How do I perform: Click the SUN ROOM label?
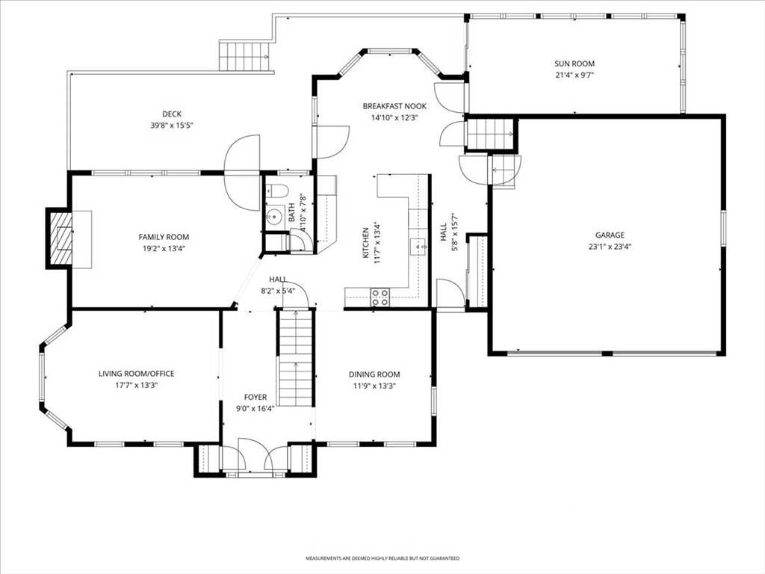point(574,64)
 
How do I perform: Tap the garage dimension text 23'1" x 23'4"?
point(610,247)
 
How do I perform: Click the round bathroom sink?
point(275,215)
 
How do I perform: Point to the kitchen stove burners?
point(380,297)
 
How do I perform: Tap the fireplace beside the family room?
point(60,238)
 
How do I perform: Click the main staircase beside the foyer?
point(296,358)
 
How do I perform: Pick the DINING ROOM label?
point(374,374)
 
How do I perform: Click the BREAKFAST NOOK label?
point(394,106)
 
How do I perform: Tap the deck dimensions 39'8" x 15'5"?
point(172,126)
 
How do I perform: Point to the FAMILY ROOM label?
point(164,237)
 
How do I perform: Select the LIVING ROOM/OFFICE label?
point(137,374)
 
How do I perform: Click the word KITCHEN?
point(365,243)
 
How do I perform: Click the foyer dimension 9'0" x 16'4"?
point(255,409)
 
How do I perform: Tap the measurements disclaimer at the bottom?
point(382,558)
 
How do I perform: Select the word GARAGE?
point(610,235)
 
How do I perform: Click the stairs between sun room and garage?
point(490,133)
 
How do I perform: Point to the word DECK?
point(172,114)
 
